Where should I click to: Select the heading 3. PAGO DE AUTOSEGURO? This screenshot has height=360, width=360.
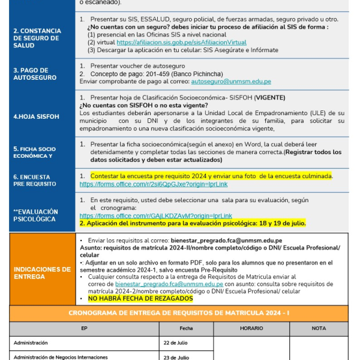click(x=35, y=74)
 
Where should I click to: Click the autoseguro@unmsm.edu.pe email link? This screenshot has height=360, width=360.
click(x=230, y=81)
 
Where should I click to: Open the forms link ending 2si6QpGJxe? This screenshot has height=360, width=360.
click(x=154, y=184)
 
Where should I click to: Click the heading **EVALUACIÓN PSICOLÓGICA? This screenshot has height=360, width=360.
click(x=36, y=215)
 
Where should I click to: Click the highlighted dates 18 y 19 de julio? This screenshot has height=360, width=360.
click(x=281, y=223)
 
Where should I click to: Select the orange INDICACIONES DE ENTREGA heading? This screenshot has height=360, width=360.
click(x=41, y=273)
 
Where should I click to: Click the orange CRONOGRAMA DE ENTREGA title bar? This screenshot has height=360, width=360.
click(x=179, y=313)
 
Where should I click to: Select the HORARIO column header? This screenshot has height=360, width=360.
click(x=251, y=328)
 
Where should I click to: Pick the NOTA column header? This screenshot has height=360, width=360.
click(x=319, y=328)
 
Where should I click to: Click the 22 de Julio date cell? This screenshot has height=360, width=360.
click(x=176, y=343)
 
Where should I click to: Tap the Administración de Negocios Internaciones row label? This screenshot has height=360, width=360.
click(x=65, y=357)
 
